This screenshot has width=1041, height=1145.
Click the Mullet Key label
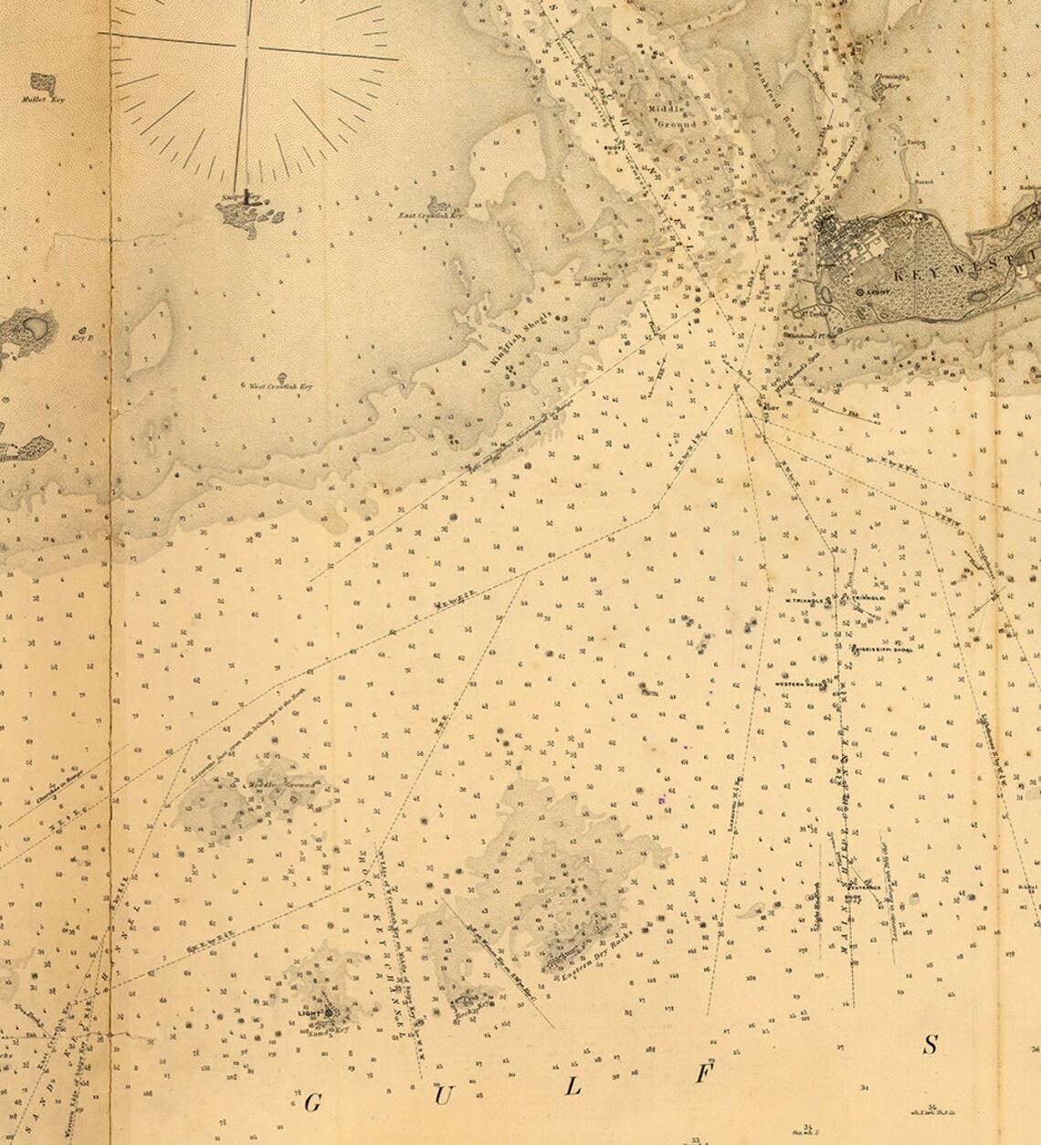point(41,120)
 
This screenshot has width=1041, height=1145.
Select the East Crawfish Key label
point(431,215)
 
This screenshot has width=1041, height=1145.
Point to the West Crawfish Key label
point(280,387)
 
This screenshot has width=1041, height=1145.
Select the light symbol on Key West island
point(863,291)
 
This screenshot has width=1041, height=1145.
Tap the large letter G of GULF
point(312,1103)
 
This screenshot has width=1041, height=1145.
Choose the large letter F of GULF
point(701,1075)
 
